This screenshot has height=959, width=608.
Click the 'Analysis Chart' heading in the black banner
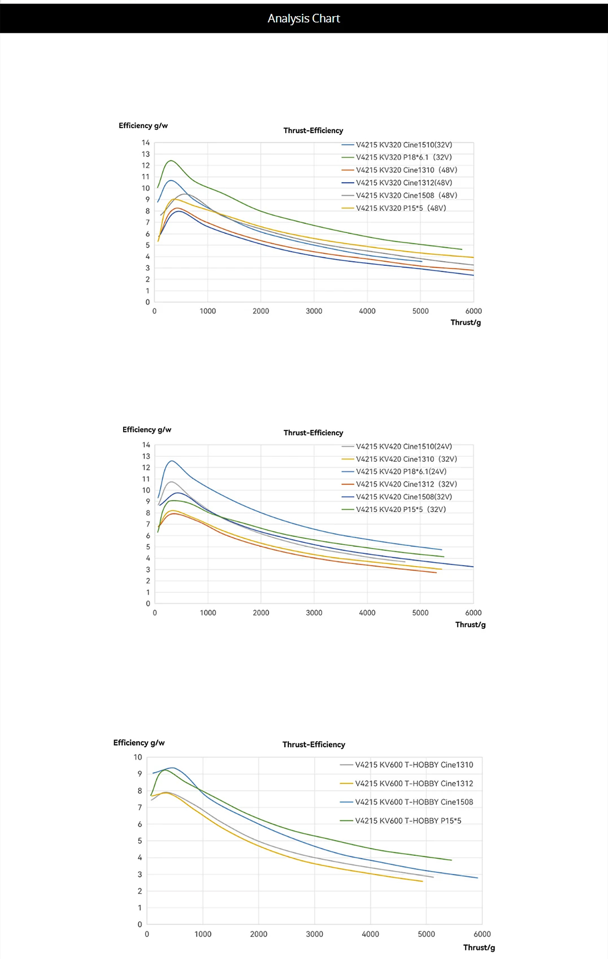(x=303, y=19)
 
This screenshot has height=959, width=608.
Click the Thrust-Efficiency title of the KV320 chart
(x=313, y=131)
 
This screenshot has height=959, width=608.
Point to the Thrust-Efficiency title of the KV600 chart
(x=314, y=745)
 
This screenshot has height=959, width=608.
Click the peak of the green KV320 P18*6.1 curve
(x=171, y=161)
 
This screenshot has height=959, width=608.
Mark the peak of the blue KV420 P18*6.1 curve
(x=172, y=461)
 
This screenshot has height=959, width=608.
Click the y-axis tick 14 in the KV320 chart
(x=146, y=143)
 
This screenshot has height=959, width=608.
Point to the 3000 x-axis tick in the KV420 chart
(x=314, y=613)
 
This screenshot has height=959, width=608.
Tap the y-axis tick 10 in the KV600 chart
(x=138, y=757)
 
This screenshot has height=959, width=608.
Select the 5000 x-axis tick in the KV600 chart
(x=426, y=934)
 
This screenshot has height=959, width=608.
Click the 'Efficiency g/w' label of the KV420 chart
(x=147, y=430)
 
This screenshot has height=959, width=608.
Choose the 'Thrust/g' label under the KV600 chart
(x=479, y=947)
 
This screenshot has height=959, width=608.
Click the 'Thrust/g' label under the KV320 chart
(x=466, y=323)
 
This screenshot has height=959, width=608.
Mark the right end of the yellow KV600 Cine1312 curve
(x=422, y=882)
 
